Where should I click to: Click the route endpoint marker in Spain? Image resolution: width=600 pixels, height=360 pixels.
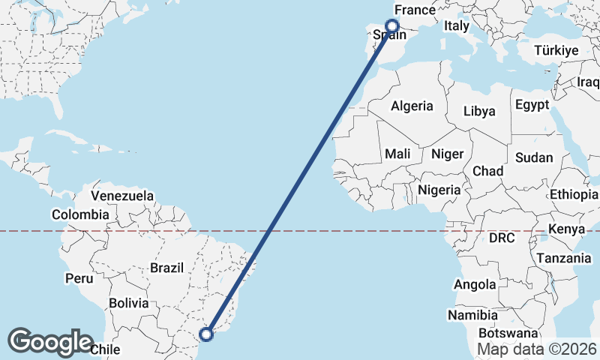coord(391,26)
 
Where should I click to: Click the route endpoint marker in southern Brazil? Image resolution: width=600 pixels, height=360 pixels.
coord(207,334)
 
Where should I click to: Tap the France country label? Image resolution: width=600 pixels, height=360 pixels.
coord(415,10)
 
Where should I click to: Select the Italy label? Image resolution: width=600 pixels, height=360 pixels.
coord(456,26)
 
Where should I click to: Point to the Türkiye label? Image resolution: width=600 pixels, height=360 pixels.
coord(556,51)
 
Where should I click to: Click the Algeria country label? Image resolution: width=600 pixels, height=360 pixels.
coord(411,106)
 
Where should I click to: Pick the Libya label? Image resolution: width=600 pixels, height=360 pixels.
coord(479,111)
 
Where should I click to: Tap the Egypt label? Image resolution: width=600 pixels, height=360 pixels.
coord(532,104)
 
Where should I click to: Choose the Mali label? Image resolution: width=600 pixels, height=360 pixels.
coord(397,153)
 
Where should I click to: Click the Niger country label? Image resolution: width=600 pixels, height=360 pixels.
coord(448,153)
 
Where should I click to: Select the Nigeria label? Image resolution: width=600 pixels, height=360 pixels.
coord(439,190)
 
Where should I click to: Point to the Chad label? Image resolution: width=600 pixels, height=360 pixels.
coord(487,171)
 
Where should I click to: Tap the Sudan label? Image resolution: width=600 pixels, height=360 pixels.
coord(534,157)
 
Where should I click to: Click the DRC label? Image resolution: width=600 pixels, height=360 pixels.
coord(502,238)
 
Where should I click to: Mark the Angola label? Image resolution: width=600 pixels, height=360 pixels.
coord(475,284)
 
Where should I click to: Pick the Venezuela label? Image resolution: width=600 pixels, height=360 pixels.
coord(121,196)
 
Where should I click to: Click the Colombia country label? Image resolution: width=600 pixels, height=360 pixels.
coord(80,214)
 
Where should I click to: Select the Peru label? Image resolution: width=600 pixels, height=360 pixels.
coord(79,278)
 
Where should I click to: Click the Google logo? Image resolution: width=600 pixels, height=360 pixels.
coord(50,342)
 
